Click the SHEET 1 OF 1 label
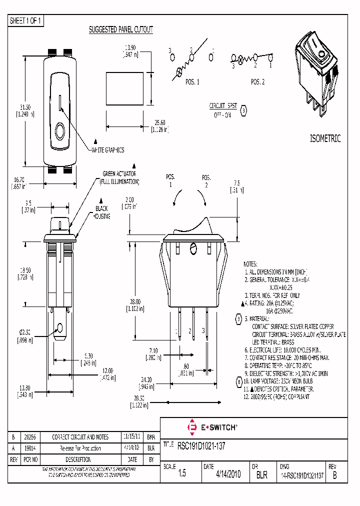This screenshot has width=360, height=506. click(x=26, y=21)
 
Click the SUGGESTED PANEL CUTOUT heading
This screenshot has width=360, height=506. click(x=120, y=30)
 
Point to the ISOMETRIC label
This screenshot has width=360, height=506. click(x=325, y=139)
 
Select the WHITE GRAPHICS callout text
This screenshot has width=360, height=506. click(x=107, y=150)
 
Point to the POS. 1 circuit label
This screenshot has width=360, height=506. click(x=192, y=82)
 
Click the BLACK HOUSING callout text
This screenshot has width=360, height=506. click(x=101, y=212)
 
